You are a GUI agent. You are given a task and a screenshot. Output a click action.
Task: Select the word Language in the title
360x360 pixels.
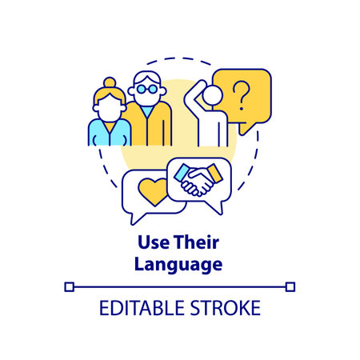(179, 265)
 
